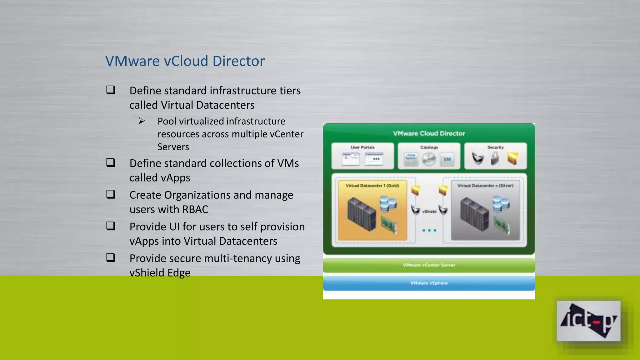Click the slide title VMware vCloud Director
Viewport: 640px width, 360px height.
pos(185,61)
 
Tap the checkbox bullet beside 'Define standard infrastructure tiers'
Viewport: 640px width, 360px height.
pos(111,90)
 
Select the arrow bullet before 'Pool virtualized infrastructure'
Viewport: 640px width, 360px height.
pos(142,121)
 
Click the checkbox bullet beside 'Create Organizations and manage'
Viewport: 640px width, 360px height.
pos(111,194)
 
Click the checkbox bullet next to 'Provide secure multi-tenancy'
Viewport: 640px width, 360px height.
pos(111,258)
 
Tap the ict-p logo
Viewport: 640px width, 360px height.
pos(588,321)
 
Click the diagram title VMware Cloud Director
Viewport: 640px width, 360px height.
pos(429,133)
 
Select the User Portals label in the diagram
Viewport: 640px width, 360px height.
pos(362,147)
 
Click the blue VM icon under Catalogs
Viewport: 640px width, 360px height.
pos(447,159)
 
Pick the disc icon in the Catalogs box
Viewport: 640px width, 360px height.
pos(429,159)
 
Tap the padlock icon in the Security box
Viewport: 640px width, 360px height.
pos(495,158)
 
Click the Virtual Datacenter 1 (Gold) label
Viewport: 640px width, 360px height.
pos(372,186)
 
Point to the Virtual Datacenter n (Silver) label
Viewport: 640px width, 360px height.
pos(485,186)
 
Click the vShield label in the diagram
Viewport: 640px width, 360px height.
pos(429,212)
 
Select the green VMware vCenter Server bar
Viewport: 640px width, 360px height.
pos(429,265)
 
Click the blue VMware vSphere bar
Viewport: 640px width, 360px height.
pos(429,283)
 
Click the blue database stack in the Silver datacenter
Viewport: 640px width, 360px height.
pos(501,204)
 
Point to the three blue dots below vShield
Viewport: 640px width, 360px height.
pos(429,230)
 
